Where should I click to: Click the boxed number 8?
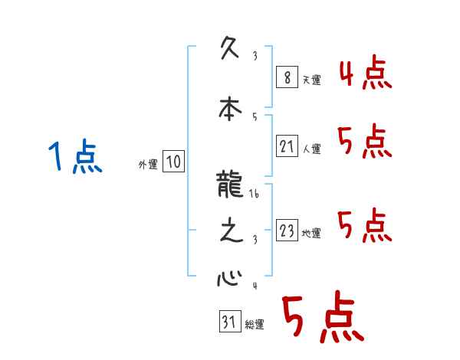point(286,77)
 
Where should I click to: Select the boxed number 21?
point(286,146)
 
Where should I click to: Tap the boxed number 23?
point(286,231)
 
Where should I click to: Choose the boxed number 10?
point(173,162)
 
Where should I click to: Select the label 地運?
point(311,234)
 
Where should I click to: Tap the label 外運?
point(147,164)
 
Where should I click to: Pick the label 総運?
point(255,325)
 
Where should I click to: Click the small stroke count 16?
point(254,195)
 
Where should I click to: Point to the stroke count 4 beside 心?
point(254,287)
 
